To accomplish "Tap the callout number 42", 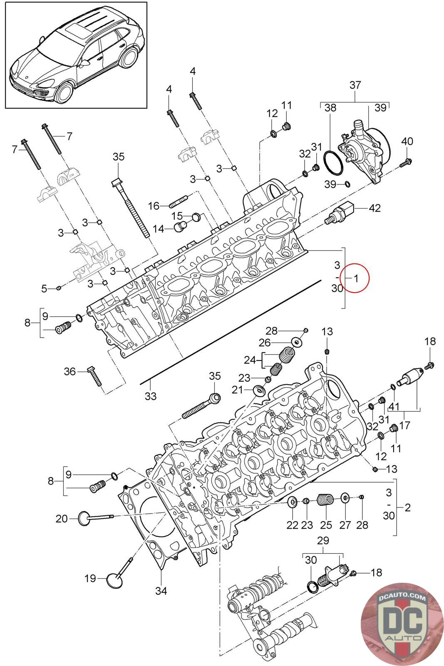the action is [375, 208].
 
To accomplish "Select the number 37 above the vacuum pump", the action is [355, 85].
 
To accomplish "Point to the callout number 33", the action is [150, 396].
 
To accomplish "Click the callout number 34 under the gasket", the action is [161, 591].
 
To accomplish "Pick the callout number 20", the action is [62, 519].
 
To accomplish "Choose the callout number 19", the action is [90, 578].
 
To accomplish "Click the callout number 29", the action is [323, 540].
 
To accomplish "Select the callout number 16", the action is [154, 206].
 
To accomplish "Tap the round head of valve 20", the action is [84, 518].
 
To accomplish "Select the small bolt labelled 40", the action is [405, 163].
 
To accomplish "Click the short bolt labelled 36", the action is [95, 376].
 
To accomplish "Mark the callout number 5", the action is [44, 288].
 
